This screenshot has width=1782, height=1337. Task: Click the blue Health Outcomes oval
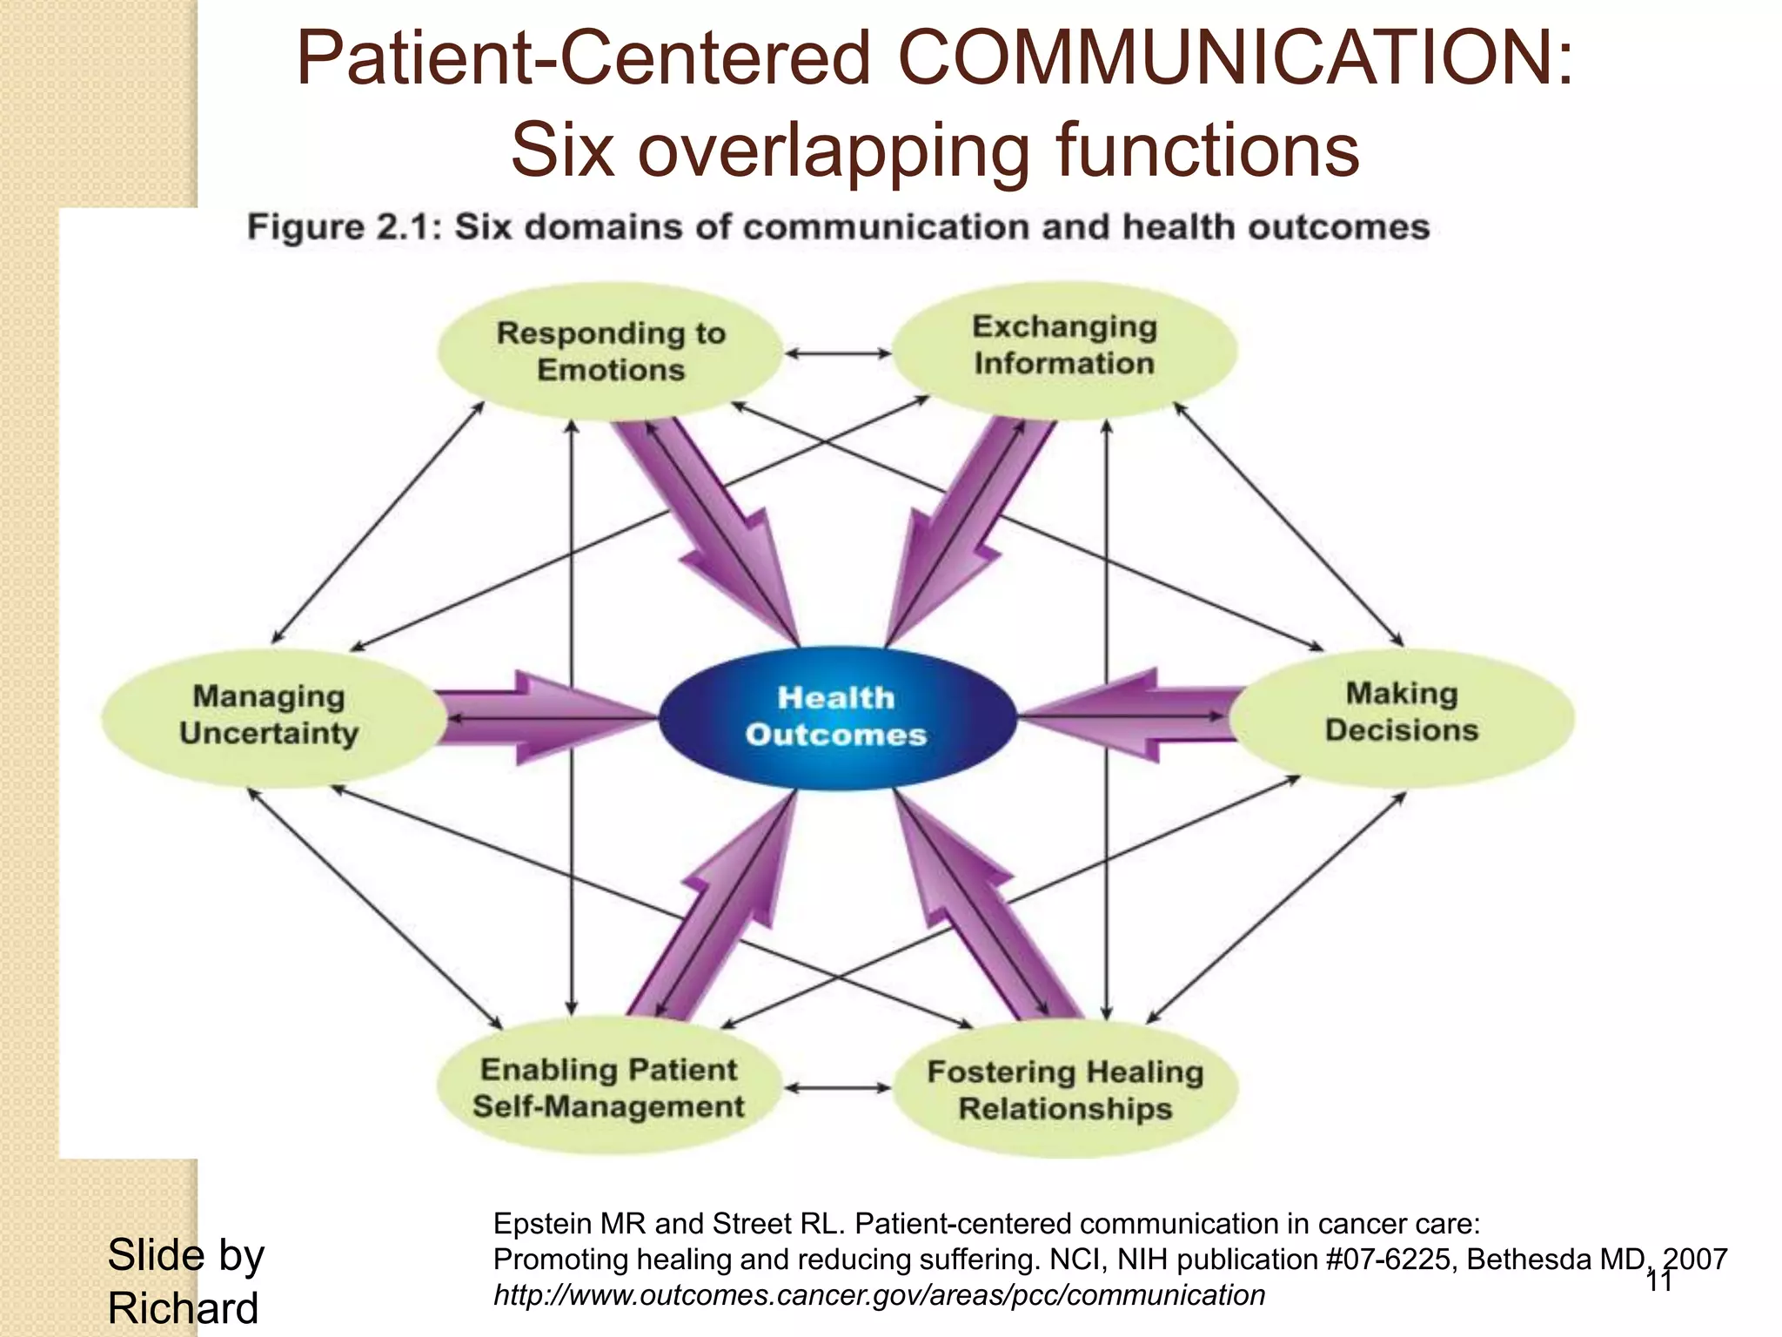[x=836, y=717]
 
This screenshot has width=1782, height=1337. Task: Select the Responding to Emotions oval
[x=611, y=351]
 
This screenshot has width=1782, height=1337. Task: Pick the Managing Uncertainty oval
[x=270, y=716]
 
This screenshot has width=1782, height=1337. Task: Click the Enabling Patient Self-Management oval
[x=609, y=1087]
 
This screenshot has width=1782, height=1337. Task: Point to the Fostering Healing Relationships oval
[x=1065, y=1090]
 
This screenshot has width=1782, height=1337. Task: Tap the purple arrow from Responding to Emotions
[x=713, y=522]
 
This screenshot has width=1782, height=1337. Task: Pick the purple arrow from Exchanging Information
[x=966, y=522]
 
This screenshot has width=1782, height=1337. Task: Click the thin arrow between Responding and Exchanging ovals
[x=837, y=353]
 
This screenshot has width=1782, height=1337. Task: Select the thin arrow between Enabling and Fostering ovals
[x=837, y=1088]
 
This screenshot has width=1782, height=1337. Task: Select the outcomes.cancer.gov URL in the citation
[x=879, y=1295]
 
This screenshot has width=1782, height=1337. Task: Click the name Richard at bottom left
[x=183, y=1308]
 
